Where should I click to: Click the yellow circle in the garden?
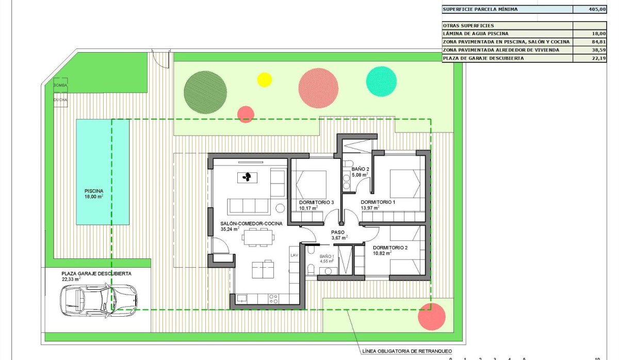tap(264, 79)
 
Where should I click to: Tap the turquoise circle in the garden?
tap(382, 81)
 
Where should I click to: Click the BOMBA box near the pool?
tap(60, 85)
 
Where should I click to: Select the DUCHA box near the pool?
tap(60, 100)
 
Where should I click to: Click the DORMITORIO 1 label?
tap(378, 202)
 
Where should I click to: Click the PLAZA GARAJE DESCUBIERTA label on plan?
tap(96, 273)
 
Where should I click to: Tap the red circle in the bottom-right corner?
tap(431, 316)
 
